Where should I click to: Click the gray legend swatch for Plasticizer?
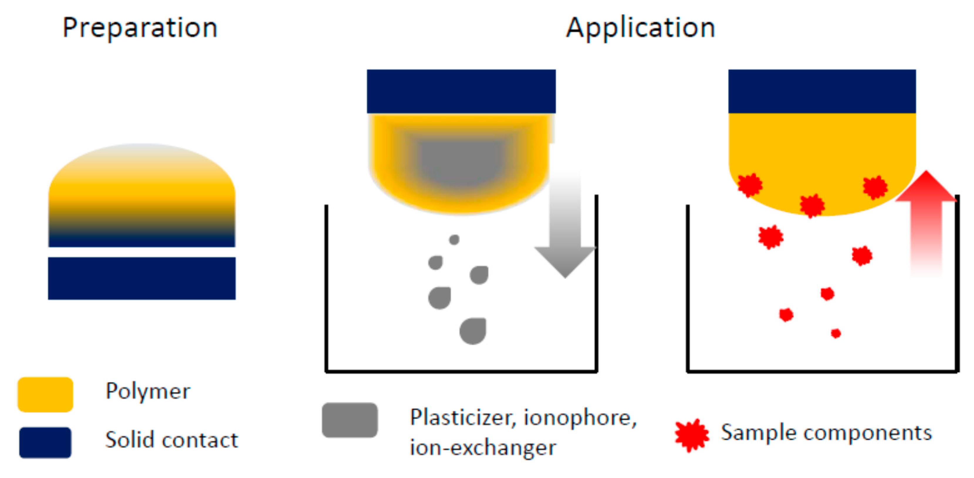349,420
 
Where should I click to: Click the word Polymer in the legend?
148,391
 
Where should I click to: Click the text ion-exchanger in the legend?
483,448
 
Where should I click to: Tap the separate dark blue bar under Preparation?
141,278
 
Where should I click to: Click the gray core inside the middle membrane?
461,163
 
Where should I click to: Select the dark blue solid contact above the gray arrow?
461,91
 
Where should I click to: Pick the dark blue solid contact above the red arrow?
822,91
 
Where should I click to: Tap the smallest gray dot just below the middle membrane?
454,239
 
